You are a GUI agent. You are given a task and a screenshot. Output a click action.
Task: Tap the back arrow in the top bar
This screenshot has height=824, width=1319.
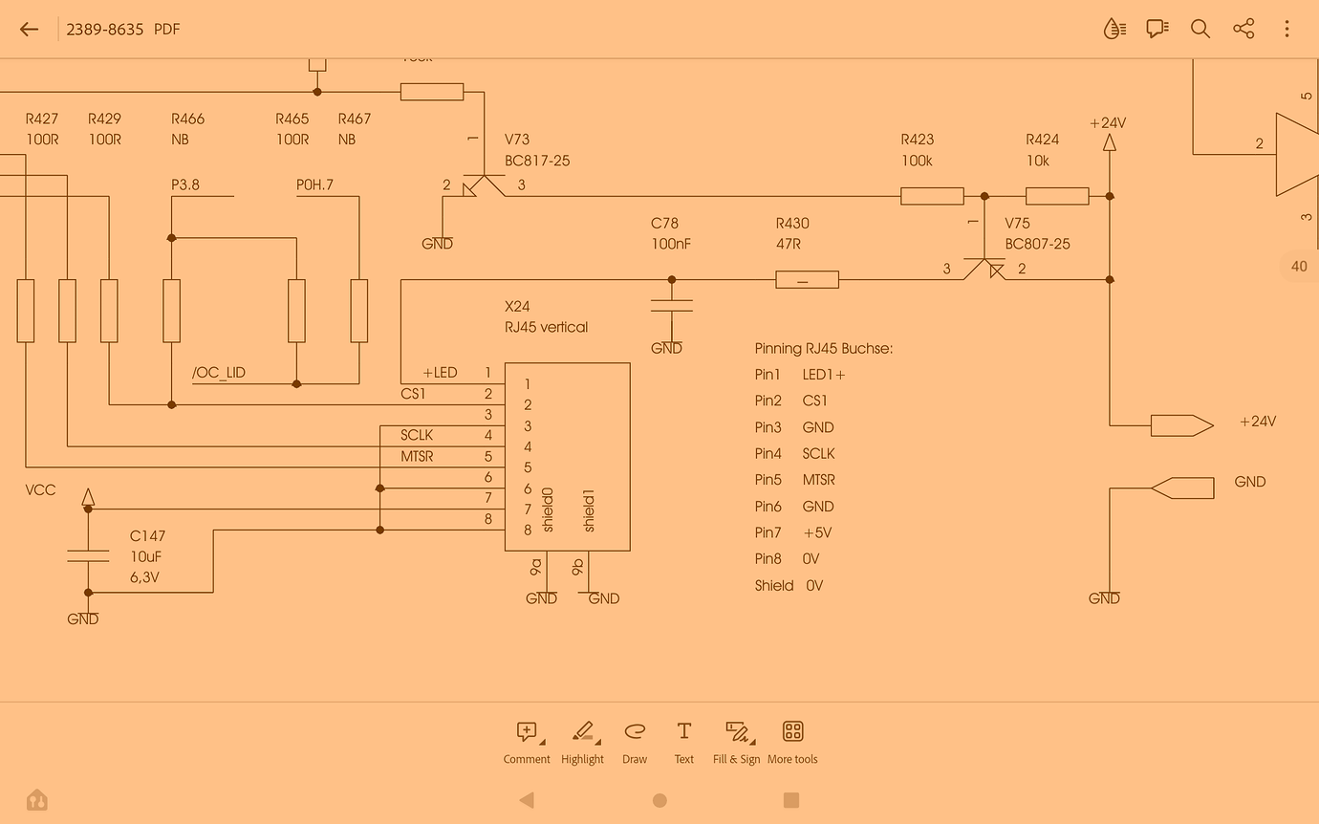point(29,29)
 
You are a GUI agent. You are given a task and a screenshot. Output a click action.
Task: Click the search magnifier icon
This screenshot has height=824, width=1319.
point(1200,29)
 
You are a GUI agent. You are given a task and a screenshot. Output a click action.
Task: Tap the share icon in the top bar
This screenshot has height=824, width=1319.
point(1243,29)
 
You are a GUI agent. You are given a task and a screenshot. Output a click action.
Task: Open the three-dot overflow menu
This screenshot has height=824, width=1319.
point(1287,29)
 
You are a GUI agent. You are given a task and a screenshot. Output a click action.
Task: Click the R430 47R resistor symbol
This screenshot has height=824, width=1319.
point(806,280)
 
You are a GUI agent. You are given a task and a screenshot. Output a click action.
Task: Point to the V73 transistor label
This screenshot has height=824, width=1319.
point(517,140)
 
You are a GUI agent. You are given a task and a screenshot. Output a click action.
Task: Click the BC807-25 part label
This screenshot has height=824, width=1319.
point(1037,244)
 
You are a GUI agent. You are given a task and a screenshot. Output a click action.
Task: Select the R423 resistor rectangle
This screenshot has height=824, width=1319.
point(932,196)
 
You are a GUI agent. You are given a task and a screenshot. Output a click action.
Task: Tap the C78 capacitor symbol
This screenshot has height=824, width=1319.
point(671,305)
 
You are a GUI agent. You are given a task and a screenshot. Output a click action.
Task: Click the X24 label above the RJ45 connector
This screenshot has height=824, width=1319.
point(517,307)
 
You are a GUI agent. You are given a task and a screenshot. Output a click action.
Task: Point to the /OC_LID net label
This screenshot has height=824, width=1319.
point(219,373)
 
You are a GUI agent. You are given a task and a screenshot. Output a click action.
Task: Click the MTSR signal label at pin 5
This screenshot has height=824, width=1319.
point(417,457)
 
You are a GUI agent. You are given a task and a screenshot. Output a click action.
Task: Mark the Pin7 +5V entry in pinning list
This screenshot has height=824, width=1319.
point(793,532)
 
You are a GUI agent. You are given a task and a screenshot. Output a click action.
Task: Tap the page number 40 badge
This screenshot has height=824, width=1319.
point(1299,267)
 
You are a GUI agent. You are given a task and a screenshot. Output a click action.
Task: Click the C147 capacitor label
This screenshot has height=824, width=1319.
point(147,536)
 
